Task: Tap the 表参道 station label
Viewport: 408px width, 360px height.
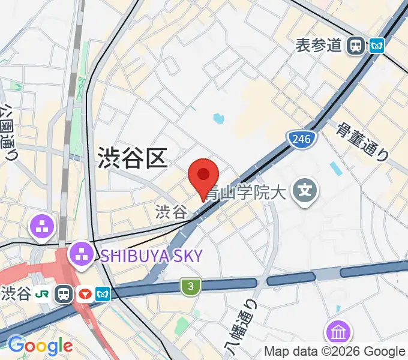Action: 319,45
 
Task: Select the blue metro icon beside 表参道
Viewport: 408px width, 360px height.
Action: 377,45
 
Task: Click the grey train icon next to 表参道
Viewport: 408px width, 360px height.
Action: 357,45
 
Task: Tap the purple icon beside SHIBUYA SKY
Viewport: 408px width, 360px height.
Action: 82,255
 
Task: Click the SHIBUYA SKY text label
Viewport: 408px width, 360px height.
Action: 151,256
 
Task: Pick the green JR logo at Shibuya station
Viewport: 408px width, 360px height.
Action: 43,293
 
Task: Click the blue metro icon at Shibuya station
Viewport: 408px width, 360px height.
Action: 103,293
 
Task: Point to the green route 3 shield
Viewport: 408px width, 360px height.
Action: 190,287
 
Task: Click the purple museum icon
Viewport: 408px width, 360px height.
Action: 338,332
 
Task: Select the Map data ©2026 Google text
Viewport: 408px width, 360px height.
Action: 335,352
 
